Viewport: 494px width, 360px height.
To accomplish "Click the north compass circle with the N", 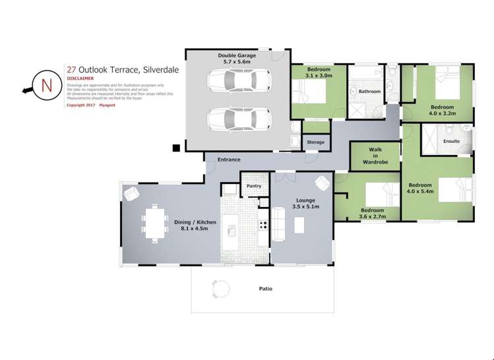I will click(46, 86).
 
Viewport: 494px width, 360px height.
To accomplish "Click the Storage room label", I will click(315, 142).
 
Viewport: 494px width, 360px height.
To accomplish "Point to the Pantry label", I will click(254, 186).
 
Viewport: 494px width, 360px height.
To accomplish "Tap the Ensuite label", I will click(452, 141).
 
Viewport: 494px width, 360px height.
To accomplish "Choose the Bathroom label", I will click(369, 92).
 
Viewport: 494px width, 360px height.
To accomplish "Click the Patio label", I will click(265, 289).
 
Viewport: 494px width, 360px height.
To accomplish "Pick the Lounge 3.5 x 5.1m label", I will click(305, 204).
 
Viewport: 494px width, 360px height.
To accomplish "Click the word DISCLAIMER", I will click(79, 77).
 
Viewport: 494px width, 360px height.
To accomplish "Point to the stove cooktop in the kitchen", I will click(262, 225).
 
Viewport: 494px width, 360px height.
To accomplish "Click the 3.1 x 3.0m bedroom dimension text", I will click(319, 76).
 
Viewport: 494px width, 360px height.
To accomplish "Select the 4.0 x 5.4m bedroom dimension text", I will click(420, 192).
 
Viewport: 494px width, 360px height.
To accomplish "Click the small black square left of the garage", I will click(176, 148).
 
